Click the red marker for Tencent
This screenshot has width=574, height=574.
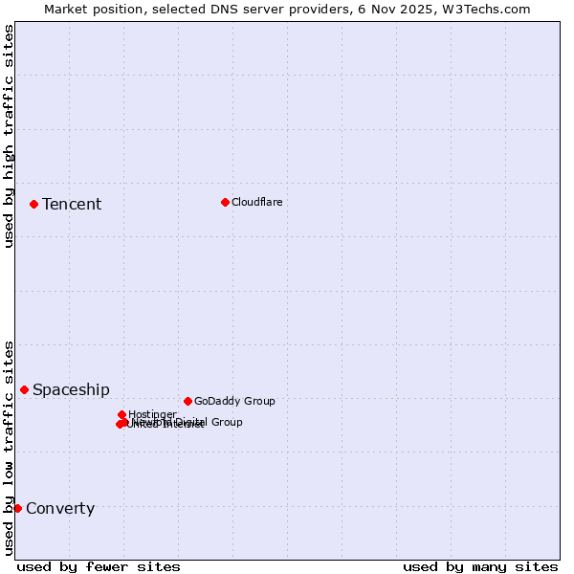(x=33, y=204)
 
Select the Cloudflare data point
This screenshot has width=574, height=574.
(x=225, y=202)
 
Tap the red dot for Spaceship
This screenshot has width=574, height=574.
(x=24, y=389)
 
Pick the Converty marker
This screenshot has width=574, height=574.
(x=17, y=508)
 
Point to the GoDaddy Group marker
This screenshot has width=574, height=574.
(x=188, y=401)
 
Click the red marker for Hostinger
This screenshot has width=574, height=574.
(x=121, y=414)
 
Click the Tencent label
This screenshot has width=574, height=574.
(x=72, y=204)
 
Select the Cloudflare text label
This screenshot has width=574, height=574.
(x=256, y=202)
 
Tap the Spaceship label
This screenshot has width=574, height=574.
(x=71, y=389)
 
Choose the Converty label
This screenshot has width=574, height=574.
(x=60, y=508)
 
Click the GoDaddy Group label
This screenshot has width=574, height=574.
(x=234, y=401)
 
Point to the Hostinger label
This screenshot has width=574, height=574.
(x=152, y=414)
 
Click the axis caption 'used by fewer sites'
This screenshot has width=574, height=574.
(x=99, y=566)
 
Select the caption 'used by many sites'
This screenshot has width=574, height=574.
(x=480, y=566)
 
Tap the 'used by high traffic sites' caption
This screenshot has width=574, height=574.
(x=9, y=136)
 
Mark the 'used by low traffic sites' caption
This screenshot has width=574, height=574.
(x=9, y=447)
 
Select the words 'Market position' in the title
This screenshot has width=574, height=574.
(x=91, y=9)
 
